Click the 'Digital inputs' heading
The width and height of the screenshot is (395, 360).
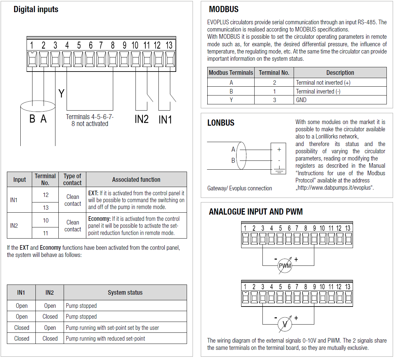coord(36,10)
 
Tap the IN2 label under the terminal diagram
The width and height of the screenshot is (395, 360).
coord(142,119)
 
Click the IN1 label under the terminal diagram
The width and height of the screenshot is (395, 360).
coord(165,120)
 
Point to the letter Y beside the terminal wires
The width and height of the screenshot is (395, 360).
coord(61,94)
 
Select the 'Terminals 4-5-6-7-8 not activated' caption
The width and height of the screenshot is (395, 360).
coord(90,120)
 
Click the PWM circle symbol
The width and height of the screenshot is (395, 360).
coord(285,266)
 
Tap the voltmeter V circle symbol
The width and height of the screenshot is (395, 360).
coord(284,325)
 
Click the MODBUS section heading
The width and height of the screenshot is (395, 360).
coord(224,10)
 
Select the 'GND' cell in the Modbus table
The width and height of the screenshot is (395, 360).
coord(301,100)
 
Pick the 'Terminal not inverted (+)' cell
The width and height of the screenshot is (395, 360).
coord(323,83)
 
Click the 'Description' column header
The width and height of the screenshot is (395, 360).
coord(340,73)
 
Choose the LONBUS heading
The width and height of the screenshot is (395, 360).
coord(221,123)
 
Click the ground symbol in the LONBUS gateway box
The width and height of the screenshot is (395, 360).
coord(279,170)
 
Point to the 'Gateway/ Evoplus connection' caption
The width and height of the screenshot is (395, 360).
coord(239,188)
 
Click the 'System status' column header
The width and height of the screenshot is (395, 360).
coord(125,292)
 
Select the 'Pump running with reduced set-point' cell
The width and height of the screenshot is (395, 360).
coord(105,339)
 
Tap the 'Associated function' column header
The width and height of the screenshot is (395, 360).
coord(136,180)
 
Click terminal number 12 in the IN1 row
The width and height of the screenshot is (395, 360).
coord(46,195)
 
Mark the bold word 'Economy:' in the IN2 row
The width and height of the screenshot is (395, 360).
coord(99,219)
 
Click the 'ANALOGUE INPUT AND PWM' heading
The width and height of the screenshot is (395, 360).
coord(256,212)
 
